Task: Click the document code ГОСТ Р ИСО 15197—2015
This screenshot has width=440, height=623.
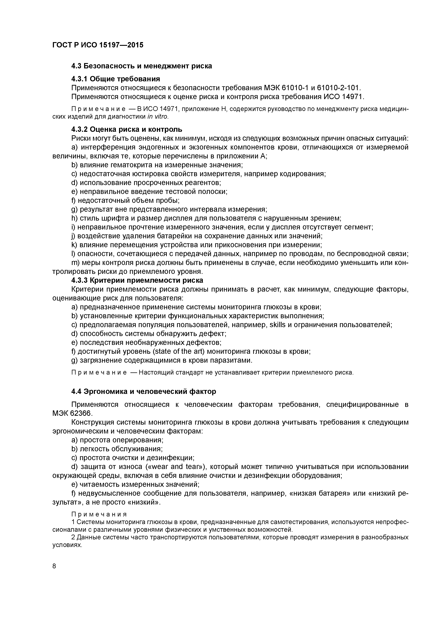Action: click(98, 45)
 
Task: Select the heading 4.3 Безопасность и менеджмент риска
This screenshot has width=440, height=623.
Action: click(142, 66)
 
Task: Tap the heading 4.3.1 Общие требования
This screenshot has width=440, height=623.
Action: click(115, 79)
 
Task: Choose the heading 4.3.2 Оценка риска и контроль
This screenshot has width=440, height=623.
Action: click(127, 129)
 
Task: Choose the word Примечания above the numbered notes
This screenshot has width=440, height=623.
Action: click(99, 514)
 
